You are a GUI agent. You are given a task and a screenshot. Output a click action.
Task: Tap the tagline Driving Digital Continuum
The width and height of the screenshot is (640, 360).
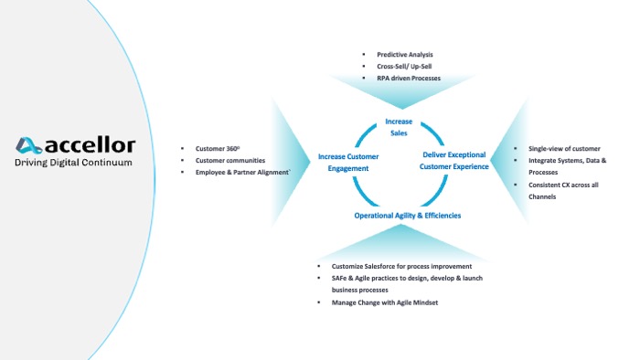tap(74, 163)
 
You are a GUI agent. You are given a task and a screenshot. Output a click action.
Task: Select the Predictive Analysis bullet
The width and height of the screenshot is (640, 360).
tap(406, 55)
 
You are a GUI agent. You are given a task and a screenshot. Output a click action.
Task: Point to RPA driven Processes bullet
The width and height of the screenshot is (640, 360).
tap(409, 79)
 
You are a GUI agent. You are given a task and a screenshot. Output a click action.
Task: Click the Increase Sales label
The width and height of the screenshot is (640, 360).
tap(399, 127)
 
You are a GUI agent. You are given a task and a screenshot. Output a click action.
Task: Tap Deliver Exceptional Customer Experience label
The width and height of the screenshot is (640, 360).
tap(454, 160)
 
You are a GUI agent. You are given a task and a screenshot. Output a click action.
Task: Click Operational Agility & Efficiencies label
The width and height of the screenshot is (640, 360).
tap(408, 216)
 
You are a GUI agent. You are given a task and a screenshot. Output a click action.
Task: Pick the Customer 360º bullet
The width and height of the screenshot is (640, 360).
tap(218, 148)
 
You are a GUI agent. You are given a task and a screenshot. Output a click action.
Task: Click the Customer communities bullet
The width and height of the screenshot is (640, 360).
tap(229, 160)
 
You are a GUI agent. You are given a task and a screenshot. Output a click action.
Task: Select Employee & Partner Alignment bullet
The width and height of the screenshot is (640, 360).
tap(243, 172)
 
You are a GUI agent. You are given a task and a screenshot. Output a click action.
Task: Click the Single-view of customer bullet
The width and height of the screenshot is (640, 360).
tap(564, 148)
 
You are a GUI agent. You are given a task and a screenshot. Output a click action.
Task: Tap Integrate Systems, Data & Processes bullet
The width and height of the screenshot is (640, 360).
tap(567, 165)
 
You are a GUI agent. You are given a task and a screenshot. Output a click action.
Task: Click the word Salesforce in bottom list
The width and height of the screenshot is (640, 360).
tap(381, 266)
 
